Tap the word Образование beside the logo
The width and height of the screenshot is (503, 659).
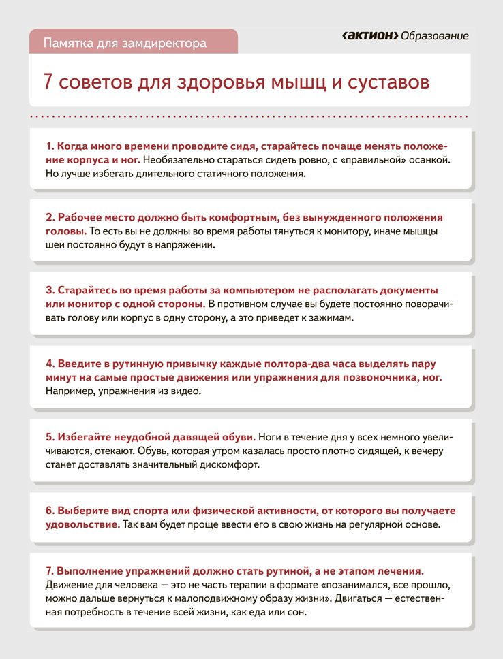pos(435,35)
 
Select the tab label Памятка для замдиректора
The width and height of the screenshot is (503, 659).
pos(125,43)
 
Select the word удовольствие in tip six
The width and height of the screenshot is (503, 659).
pos(82,524)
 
